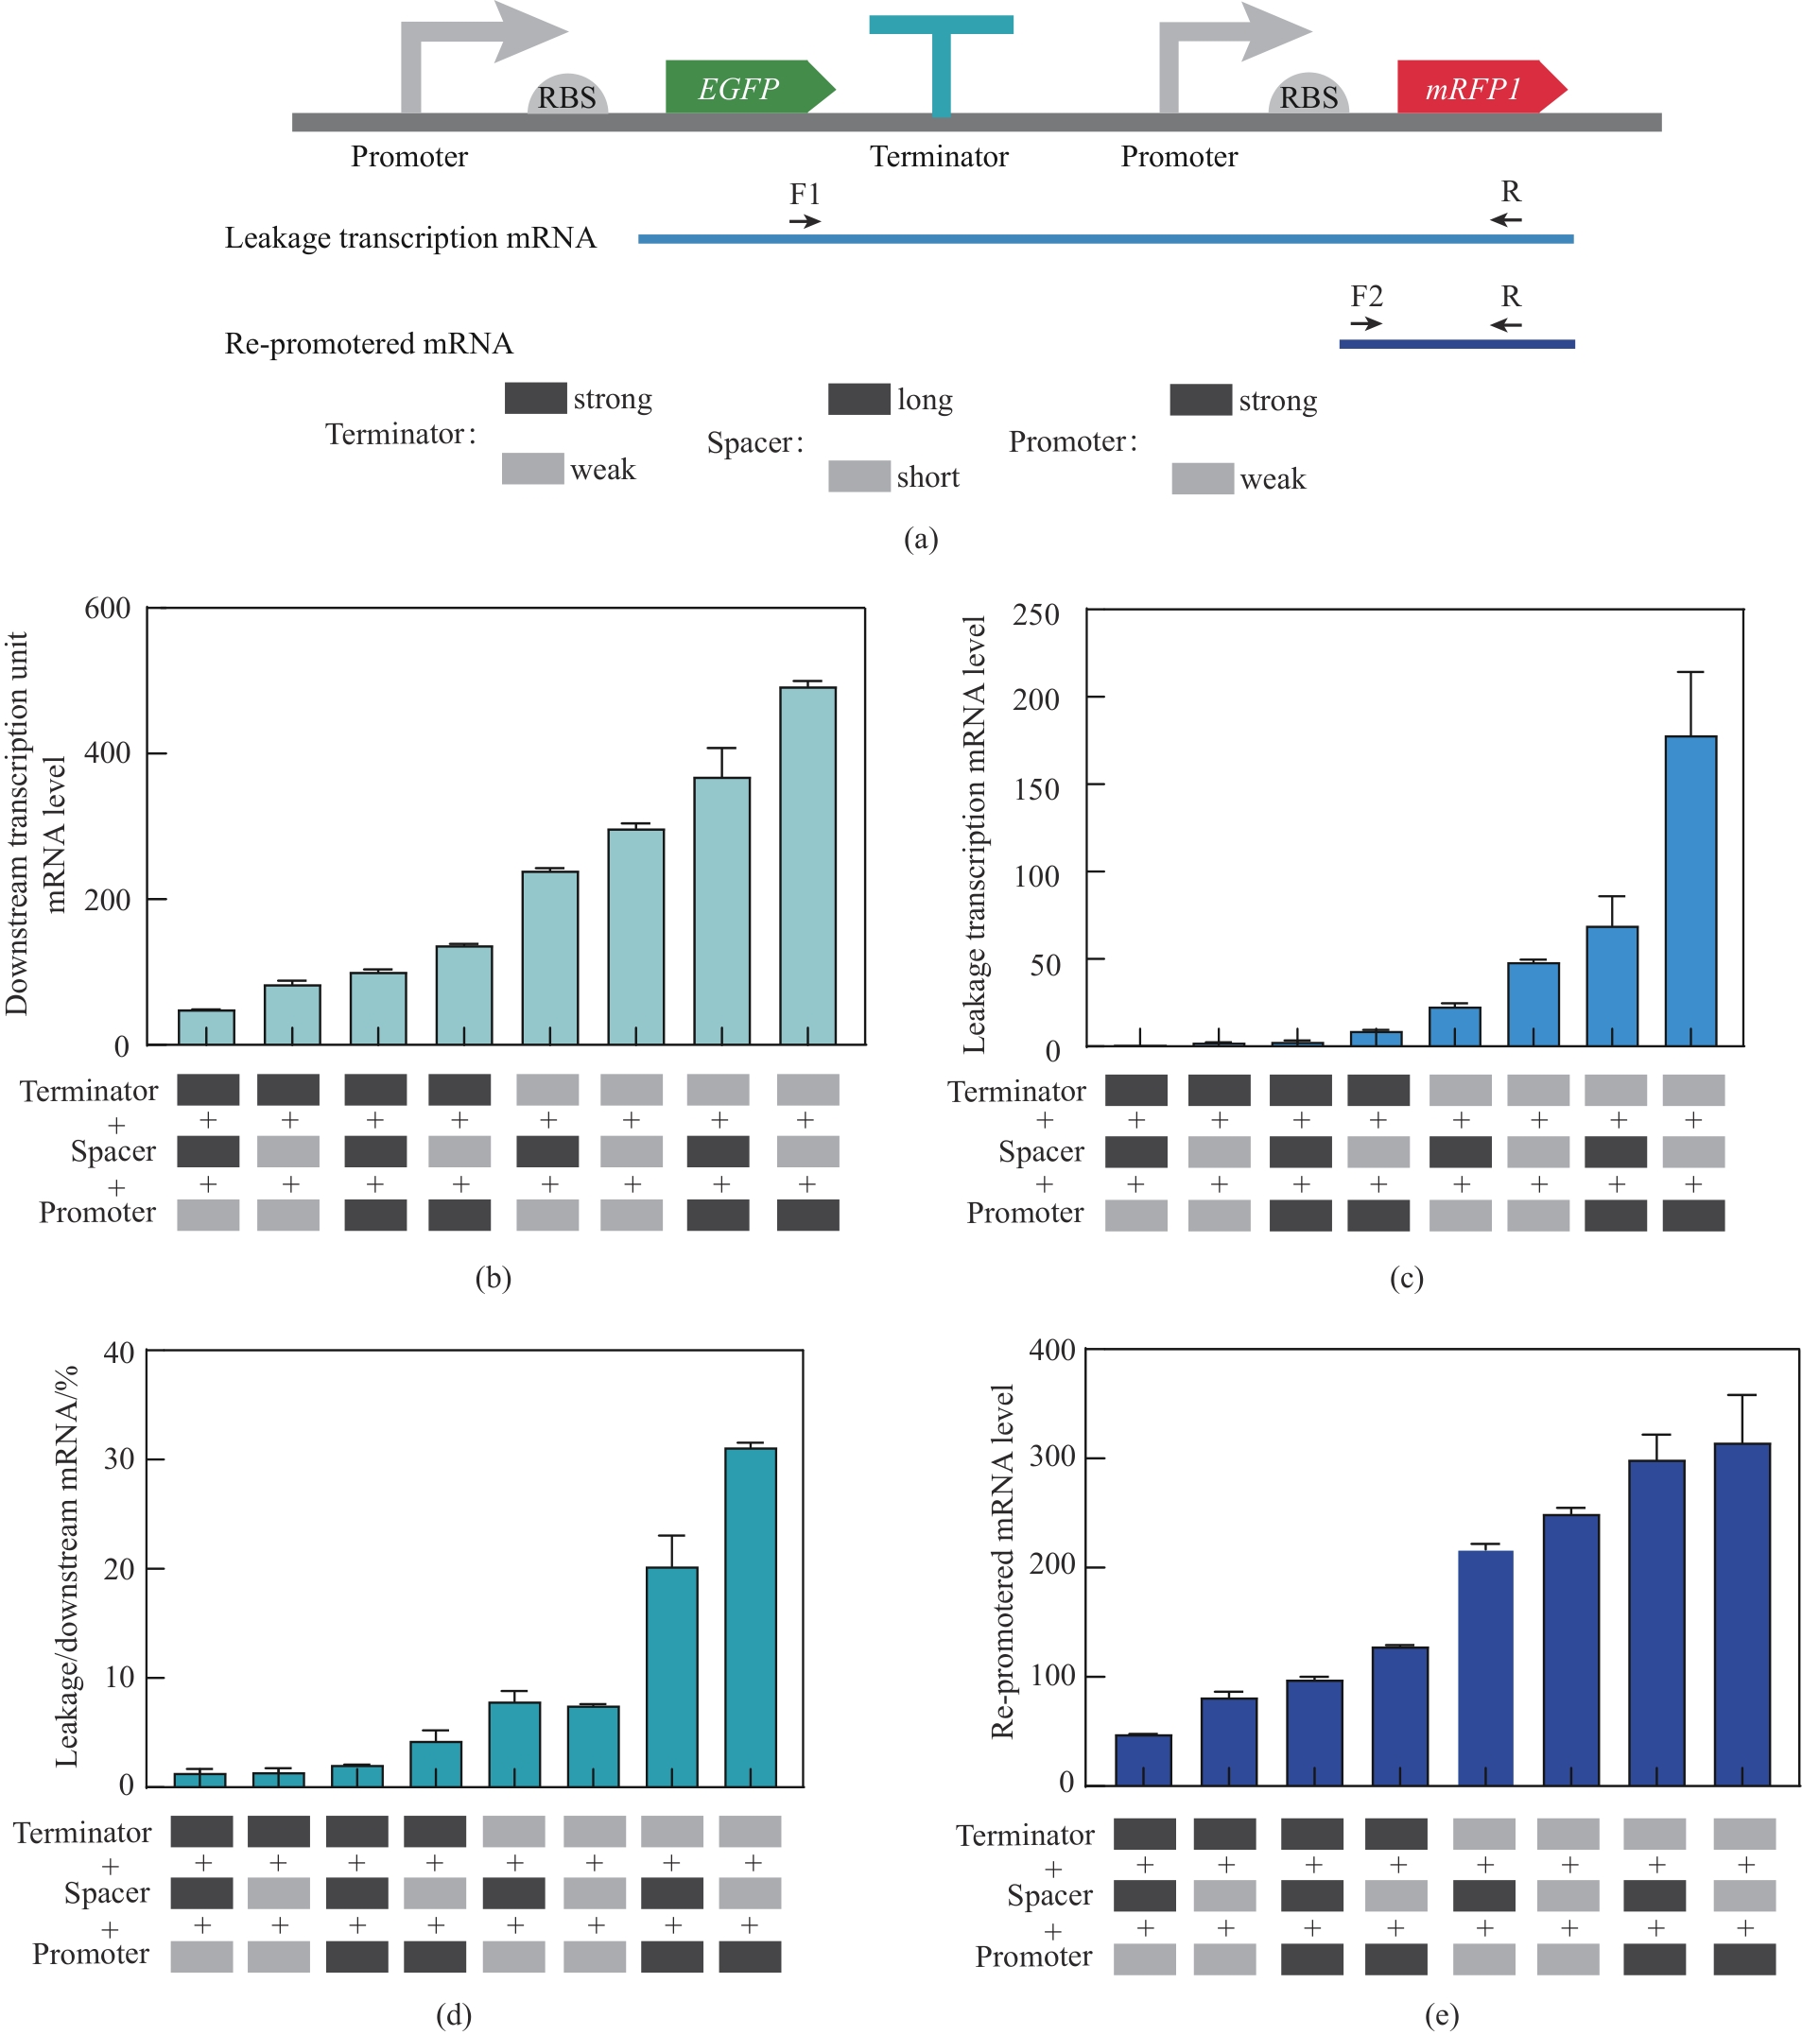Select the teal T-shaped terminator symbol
pos(941,60)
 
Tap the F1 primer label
pos(805,193)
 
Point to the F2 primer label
pos(1366,296)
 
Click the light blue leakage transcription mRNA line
pos(1105,239)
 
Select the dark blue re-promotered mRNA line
pos(1457,344)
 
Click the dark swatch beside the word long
pos(858,399)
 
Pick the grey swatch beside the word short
pos(858,475)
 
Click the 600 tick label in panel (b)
pos(108,609)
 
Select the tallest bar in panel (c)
pos(1690,890)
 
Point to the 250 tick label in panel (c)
pos(1035,614)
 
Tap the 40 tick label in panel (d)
pos(118,1352)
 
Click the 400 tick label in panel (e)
pos(1051,1350)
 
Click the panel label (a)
pos(921,539)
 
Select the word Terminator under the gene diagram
pos(939,156)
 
